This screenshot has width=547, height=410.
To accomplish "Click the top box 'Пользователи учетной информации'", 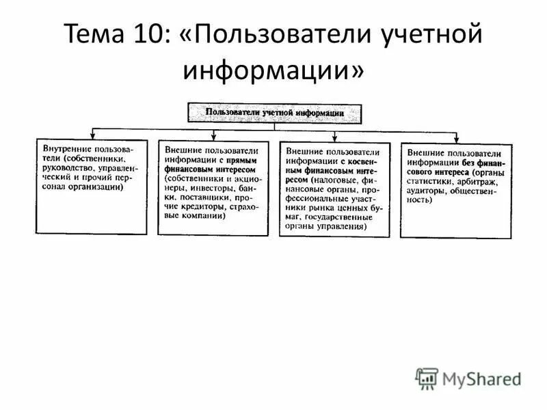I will pos(275,111).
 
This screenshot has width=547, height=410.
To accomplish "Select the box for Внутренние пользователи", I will pos(90,186).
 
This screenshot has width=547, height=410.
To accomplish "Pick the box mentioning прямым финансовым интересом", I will pos(213,187).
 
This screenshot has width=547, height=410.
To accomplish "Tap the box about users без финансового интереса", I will pos(455,190).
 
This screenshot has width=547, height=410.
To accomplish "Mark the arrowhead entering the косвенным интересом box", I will pos(336,138).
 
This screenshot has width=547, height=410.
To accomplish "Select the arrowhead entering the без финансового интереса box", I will pos(457,139).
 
